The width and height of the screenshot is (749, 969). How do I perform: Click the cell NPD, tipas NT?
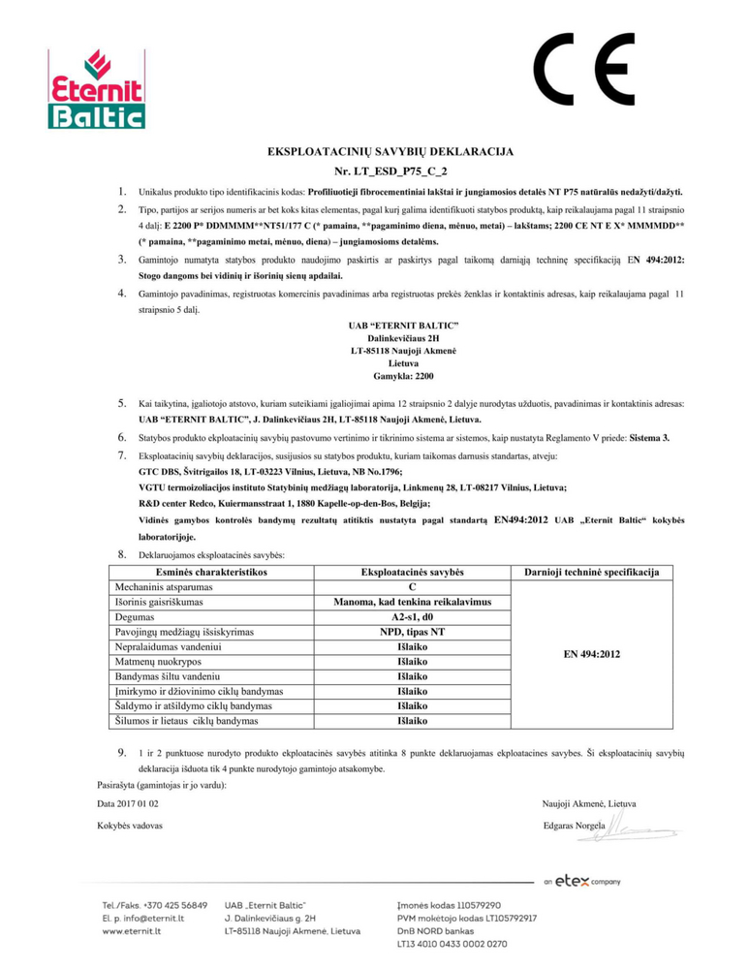pyautogui.click(x=414, y=632)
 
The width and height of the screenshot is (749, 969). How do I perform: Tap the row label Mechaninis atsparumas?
pyautogui.click(x=159, y=588)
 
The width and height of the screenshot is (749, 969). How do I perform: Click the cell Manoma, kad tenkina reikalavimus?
pyautogui.click(x=414, y=603)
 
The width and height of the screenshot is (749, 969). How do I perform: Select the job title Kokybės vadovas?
pyautogui.click(x=130, y=826)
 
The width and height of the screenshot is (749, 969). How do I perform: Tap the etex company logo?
pyautogui.click(x=582, y=881)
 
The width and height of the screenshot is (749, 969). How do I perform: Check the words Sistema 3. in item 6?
pyautogui.click(x=657, y=438)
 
